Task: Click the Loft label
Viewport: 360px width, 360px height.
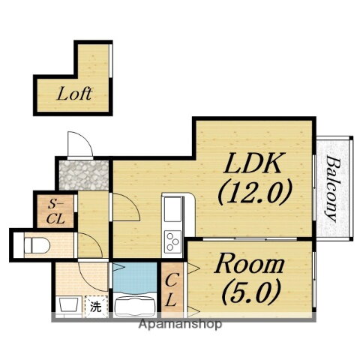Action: (x=74, y=94)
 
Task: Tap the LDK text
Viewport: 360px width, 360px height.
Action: (x=252, y=163)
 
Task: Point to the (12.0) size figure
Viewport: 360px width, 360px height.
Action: (x=255, y=192)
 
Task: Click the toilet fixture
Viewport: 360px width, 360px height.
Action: (x=37, y=245)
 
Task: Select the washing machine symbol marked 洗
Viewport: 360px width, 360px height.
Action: (x=96, y=307)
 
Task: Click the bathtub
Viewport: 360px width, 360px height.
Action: (x=135, y=306)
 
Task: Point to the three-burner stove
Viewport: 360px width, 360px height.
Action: (x=172, y=241)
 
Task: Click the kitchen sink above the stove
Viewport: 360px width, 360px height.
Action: (x=172, y=209)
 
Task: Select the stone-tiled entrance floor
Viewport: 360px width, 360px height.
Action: (x=84, y=175)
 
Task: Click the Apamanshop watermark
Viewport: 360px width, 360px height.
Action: (x=180, y=324)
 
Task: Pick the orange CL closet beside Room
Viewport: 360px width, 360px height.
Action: (x=172, y=289)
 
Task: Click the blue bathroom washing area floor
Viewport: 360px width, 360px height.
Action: (x=135, y=277)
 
